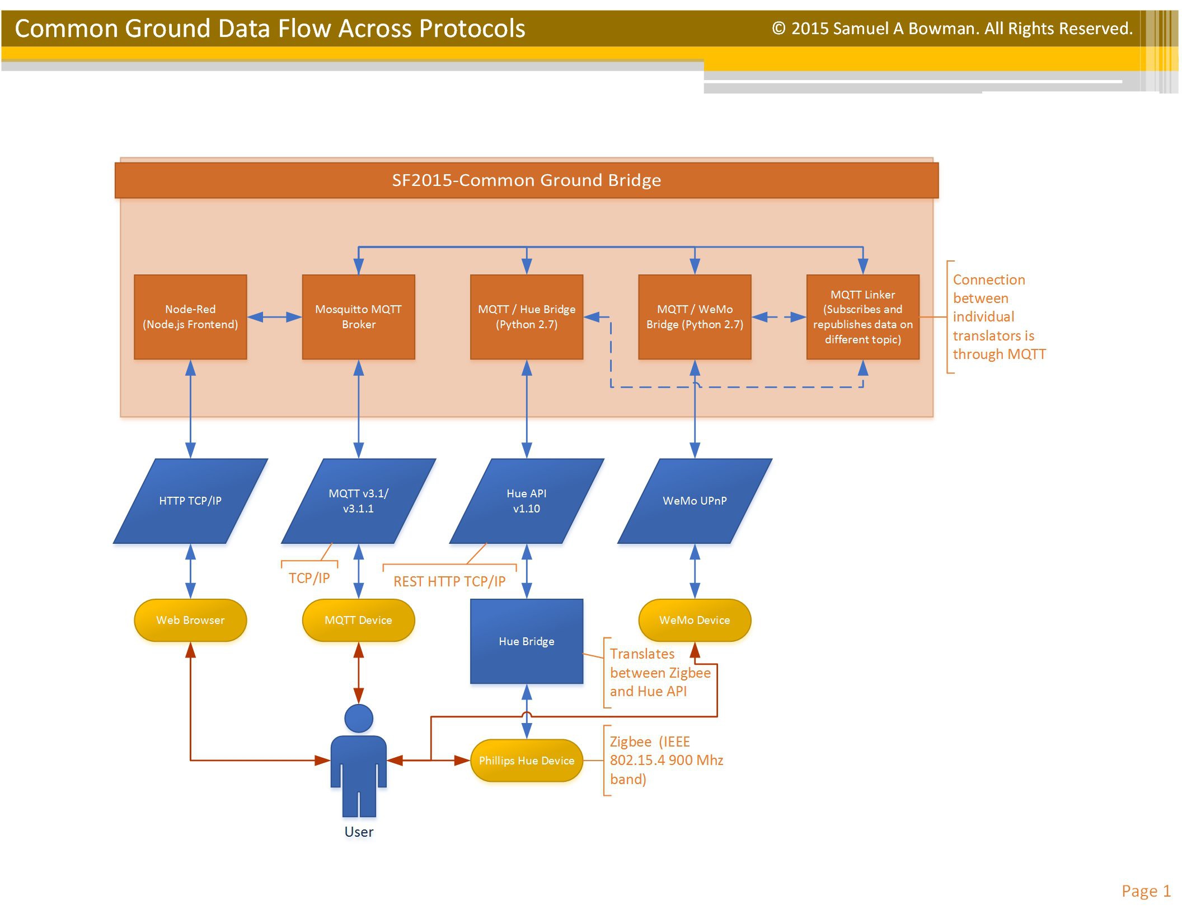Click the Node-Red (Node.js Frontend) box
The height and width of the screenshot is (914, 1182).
tap(190, 317)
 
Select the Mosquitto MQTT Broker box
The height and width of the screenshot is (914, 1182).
tap(358, 317)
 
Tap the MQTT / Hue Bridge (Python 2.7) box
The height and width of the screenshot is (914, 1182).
tap(527, 317)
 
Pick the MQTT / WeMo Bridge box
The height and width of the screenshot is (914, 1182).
tap(695, 317)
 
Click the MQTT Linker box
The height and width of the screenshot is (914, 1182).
tap(862, 317)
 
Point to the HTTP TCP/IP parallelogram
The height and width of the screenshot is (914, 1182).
tap(190, 501)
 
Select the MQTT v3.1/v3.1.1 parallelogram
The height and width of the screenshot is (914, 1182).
tap(358, 501)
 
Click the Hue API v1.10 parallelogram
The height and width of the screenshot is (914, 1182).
tap(527, 501)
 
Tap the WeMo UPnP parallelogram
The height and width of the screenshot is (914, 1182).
tap(695, 501)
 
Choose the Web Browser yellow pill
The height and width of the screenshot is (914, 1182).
tap(190, 620)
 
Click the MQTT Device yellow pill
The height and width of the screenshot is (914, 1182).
tap(358, 620)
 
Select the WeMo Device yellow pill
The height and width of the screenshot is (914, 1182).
tap(695, 620)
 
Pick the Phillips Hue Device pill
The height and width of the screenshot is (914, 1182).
tap(527, 761)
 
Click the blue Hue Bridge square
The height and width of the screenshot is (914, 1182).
tap(527, 641)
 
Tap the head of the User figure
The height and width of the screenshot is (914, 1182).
tap(359, 718)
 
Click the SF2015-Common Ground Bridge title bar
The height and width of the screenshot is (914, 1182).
tap(527, 180)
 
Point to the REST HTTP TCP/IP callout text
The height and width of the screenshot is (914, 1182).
tap(449, 581)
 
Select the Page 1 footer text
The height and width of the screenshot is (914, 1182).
tap(1146, 891)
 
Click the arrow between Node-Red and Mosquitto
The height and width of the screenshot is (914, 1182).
tap(274, 317)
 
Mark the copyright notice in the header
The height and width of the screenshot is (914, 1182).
tap(952, 29)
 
